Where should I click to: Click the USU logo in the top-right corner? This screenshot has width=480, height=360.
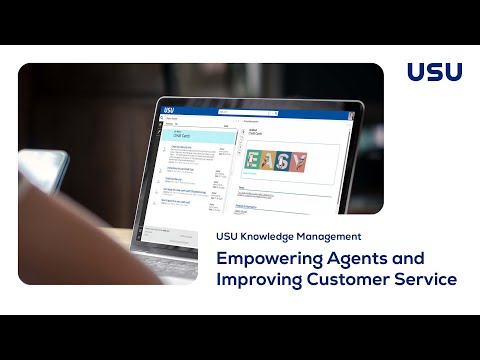(x=435, y=72)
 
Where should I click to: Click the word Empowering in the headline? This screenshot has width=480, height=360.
(x=263, y=258)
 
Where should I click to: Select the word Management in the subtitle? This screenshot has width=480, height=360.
(x=334, y=237)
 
